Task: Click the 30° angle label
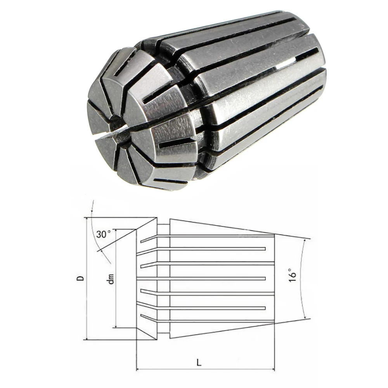click(x=104, y=234)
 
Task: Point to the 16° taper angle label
click(x=292, y=277)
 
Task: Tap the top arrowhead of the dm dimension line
click(x=116, y=232)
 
